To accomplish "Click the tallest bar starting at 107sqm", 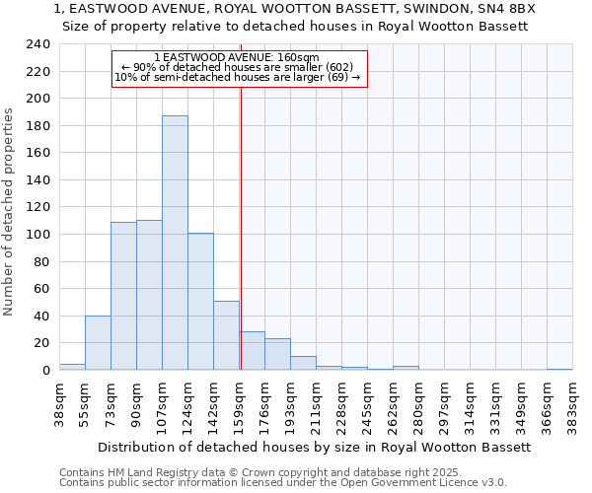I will click(175, 243).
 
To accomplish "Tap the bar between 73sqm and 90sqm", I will click(123, 296).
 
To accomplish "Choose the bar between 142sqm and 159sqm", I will click(226, 335).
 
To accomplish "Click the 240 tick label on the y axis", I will click(37, 45).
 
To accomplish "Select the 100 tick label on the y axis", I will click(37, 235).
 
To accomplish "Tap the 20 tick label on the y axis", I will click(41, 343).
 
